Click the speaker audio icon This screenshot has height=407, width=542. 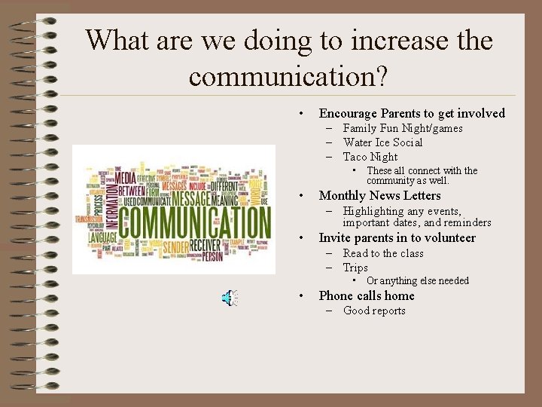tap(230, 298)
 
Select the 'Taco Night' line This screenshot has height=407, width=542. tap(370, 157)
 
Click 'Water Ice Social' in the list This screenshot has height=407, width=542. tap(382, 142)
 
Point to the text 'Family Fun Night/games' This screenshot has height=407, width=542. tap(403, 128)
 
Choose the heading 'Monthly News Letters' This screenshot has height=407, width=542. tap(379, 195)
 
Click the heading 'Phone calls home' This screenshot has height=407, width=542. tap(367, 295)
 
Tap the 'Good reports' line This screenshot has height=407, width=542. tap(374, 311)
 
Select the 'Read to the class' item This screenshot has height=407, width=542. tap(383, 253)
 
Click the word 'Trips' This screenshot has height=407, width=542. tap(355, 268)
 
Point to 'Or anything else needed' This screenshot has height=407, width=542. tap(418, 281)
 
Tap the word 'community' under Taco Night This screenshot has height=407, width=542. tap(394, 181)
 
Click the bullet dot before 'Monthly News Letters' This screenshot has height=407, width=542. tap(301, 196)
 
